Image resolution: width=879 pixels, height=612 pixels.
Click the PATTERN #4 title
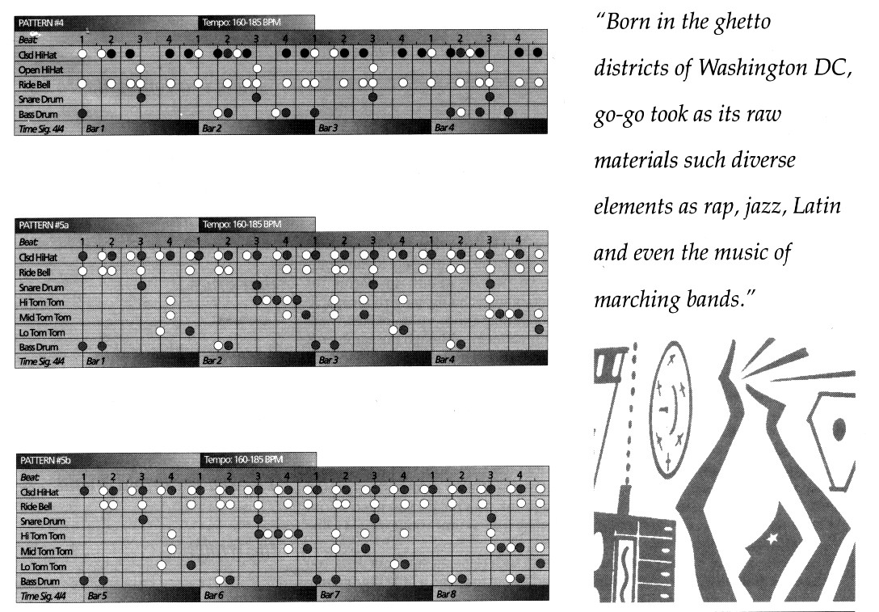point(41,23)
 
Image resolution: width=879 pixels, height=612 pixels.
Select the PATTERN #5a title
point(44,225)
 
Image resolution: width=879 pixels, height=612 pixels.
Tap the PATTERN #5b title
point(45,461)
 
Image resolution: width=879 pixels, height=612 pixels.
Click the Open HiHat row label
point(41,70)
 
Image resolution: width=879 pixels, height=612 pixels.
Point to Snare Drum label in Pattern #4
point(41,99)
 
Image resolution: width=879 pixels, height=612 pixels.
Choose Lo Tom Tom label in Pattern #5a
point(42,332)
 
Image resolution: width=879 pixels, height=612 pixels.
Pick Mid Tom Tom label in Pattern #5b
point(47,551)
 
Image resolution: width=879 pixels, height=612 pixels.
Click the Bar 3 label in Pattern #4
point(328,128)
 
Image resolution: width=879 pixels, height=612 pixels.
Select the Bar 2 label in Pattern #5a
point(212,360)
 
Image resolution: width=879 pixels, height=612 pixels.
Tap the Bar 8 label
point(446,594)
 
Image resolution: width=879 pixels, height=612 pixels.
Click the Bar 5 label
point(98,595)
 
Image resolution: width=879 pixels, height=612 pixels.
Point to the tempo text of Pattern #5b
point(243,459)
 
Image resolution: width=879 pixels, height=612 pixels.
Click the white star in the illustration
point(772,538)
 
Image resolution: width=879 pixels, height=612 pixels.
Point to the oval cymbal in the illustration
point(670,410)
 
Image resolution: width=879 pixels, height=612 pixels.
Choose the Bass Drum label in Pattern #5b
point(40,582)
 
